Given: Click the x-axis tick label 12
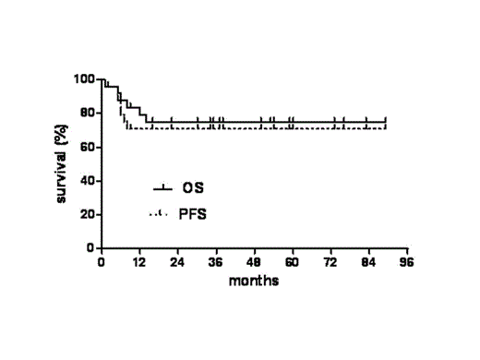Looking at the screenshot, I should (139, 262).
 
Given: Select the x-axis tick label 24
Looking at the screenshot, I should (178, 262).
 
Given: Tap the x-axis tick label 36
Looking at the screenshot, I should (216, 262).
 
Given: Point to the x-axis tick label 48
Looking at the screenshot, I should (254, 262).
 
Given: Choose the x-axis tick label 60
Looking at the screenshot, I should (292, 262).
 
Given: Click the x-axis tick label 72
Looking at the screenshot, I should (330, 262).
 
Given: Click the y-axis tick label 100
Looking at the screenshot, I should (85, 79).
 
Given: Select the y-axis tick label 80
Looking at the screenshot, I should (88, 114).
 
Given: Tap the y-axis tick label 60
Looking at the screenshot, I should (88, 148).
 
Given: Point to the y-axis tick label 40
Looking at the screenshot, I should (88, 181).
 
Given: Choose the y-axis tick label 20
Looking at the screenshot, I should (88, 215).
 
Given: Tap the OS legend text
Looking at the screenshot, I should (193, 188).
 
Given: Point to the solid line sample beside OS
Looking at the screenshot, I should (162, 188).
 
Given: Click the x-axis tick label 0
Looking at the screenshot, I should (102, 262).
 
